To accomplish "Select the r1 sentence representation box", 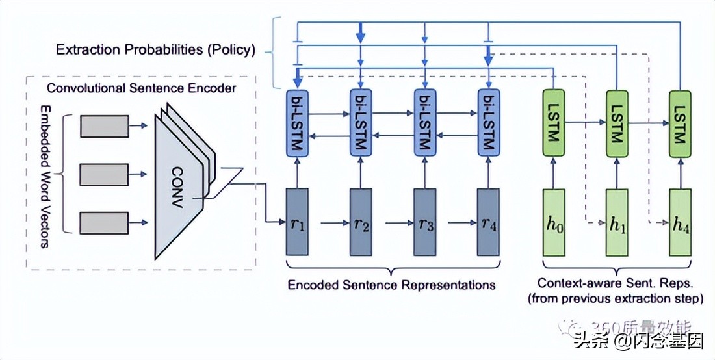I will click(298, 222).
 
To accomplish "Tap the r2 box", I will click(361, 222).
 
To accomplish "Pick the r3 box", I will click(425, 222).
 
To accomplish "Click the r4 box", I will click(489, 222).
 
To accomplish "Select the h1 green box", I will click(617, 222).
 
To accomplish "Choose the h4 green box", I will click(680, 222).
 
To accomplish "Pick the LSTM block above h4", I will click(680, 122).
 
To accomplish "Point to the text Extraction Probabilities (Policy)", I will click(155, 49).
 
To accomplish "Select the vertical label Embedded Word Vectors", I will click(45, 176).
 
